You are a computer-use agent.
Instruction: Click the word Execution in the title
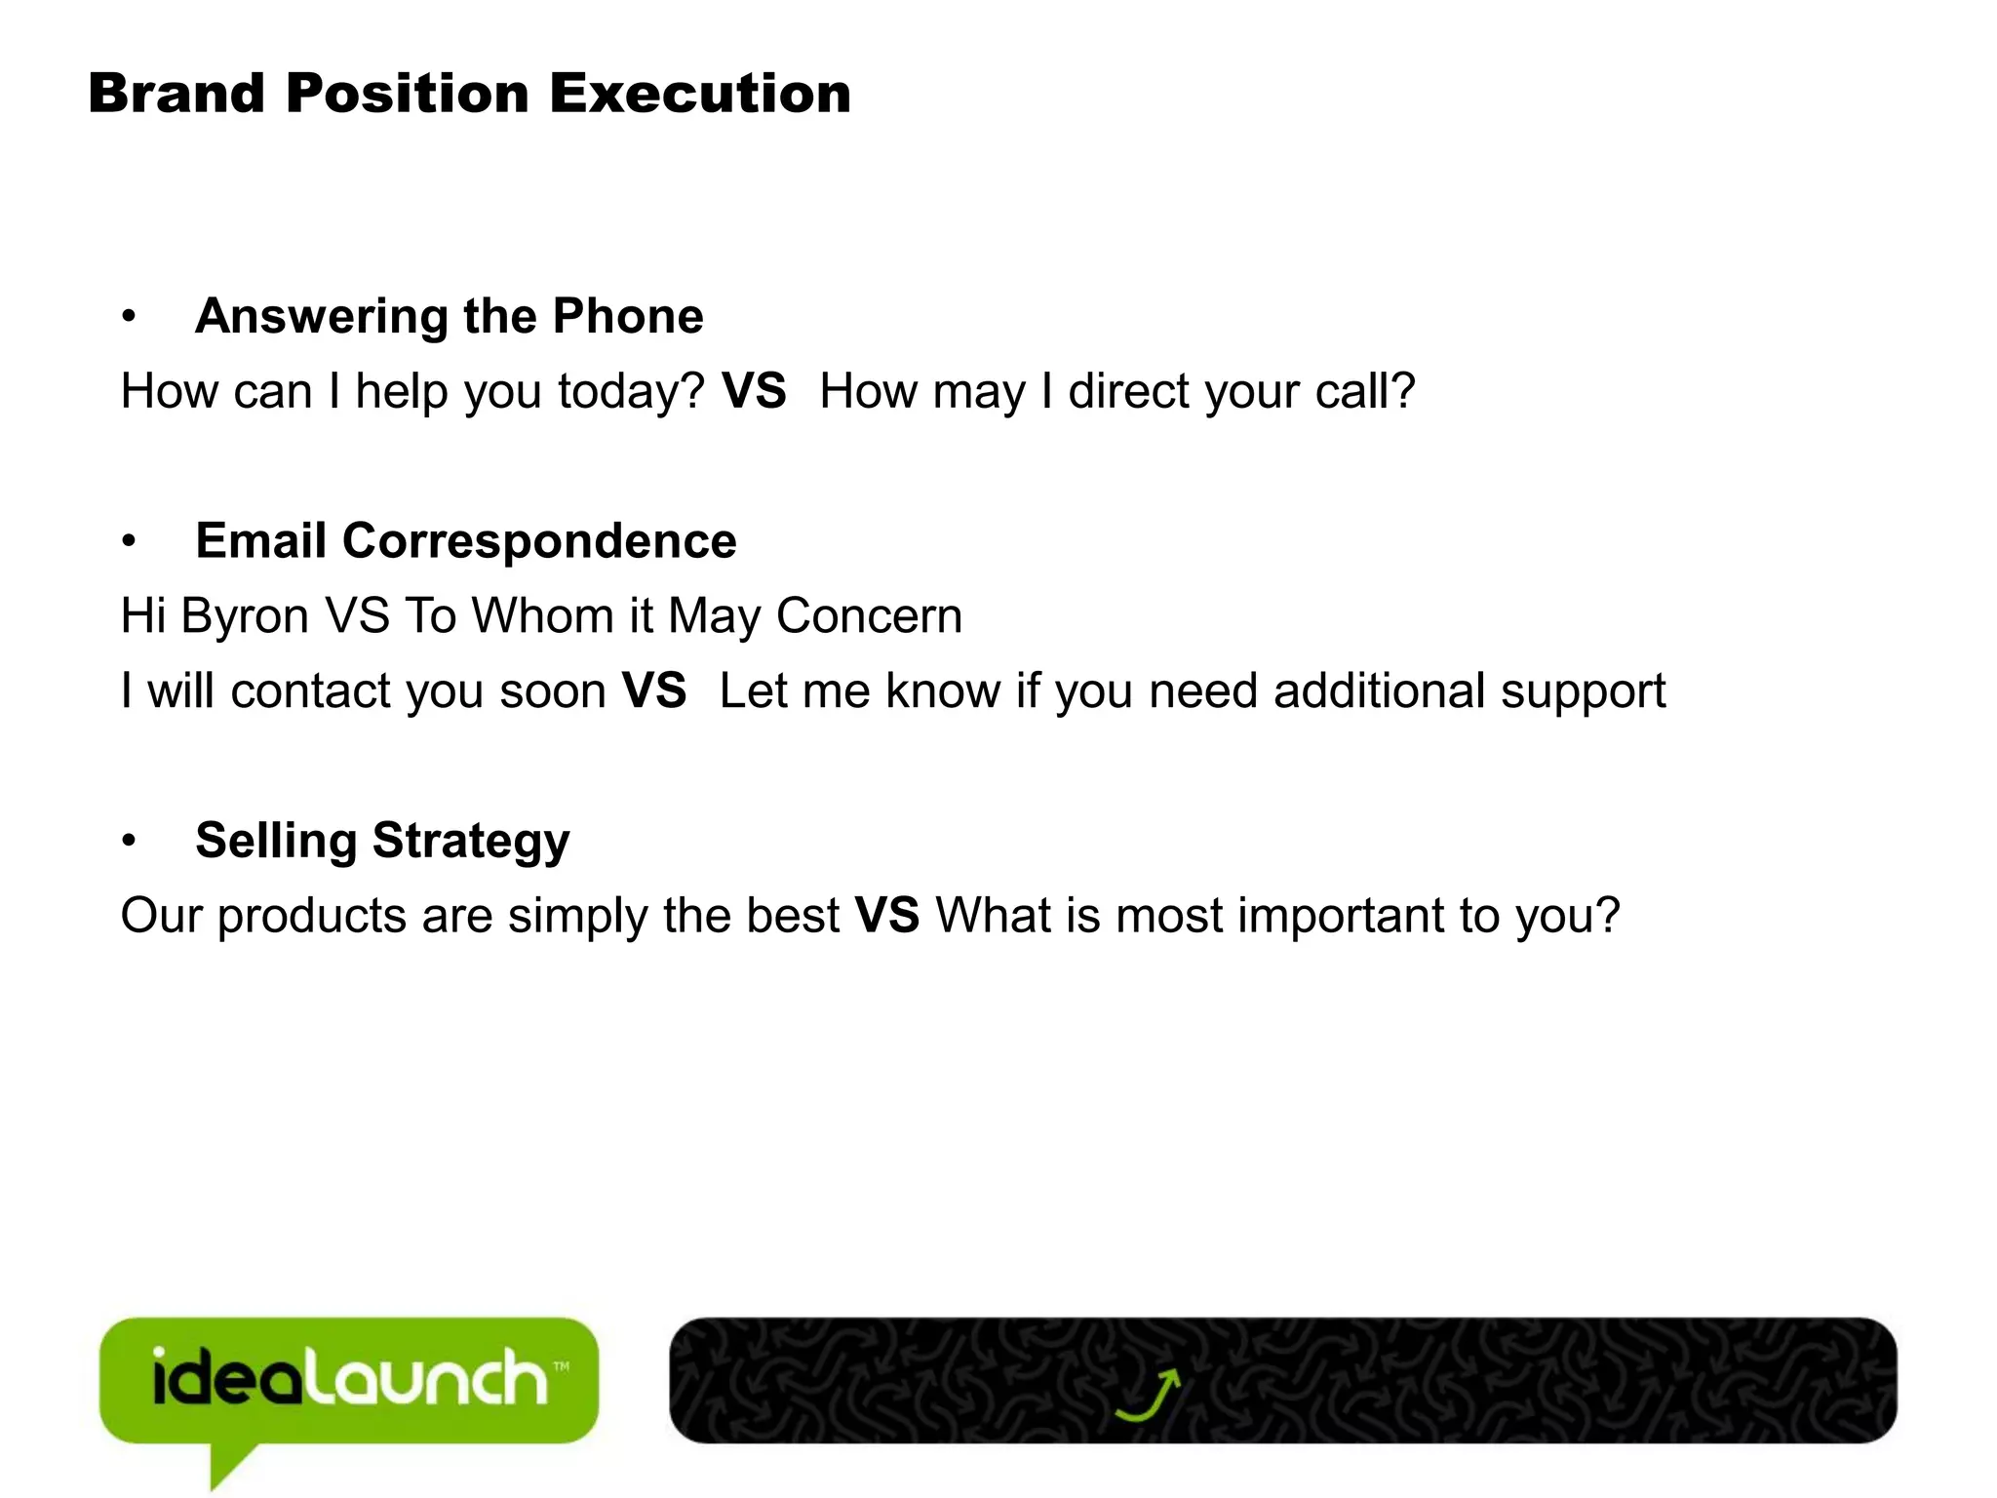point(700,94)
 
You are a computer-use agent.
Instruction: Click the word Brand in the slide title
point(176,94)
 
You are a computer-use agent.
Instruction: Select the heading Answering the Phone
point(450,316)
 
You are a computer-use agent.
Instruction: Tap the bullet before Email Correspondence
point(129,542)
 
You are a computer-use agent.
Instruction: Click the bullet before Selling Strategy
point(129,842)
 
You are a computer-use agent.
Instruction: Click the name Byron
point(245,617)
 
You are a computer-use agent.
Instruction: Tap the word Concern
point(869,616)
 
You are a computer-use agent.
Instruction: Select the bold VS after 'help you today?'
point(754,391)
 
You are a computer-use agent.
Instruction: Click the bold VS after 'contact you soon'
point(654,690)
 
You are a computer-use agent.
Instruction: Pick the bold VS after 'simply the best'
point(887,916)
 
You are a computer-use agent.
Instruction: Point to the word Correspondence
point(539,541)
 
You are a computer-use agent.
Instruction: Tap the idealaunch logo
point(349,1381)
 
